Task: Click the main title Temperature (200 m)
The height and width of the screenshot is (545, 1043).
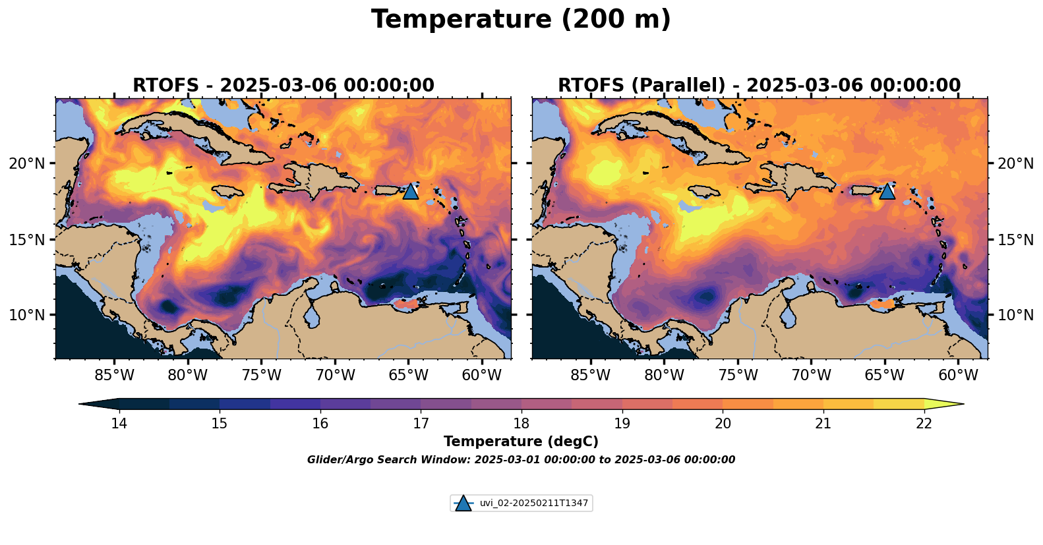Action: pyautogui.click(x=521, y=20)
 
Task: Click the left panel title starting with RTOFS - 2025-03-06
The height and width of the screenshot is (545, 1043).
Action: pyautogui.click(x=283, y=86)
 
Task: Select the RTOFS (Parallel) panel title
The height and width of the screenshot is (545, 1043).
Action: pyautogui.click(x=760, y=86)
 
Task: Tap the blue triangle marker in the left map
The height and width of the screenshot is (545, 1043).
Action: pyautogui.click(x=410, y=191)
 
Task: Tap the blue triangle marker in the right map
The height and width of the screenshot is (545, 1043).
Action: pyautogui.click(x=887, y=191)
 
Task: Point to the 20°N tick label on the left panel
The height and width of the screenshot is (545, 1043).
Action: pyautogui.click(x=27, y=163)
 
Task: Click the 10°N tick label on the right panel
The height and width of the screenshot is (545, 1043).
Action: pyautogui.click(x=1016, y=315)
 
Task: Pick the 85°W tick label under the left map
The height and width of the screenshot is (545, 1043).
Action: pyautogui.click(x=114, y=376)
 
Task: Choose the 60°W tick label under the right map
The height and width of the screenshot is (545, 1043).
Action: pyautogui.click(x=958, y=376)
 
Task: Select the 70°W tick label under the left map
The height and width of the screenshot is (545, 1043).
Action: pyautogui.click(x=335, y=376)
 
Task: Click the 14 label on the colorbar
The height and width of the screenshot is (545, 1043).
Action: pyautogui.click(x=119, y=424)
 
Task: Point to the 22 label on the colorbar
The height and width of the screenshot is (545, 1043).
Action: pyautogui.click(x=924, y=424)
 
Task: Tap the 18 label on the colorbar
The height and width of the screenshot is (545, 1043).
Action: pyautogui.click(x=521, y=424)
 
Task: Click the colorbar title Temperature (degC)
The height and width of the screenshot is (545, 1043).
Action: pyautogui.click(x=521, y=442)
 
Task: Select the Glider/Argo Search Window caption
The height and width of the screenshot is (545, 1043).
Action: pyautogui.click(x=521, y=460)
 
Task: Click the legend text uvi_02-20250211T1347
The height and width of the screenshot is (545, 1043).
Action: pyautogui.click(x=533, y=503)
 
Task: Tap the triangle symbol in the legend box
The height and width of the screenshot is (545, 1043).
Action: pyautogui.click(x=463, y=503)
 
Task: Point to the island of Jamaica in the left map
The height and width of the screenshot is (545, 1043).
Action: pyautogui.click(x=228, y=191)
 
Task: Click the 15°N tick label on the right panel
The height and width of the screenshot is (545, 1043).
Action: pyautogui.click(x=1016, y=239)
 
